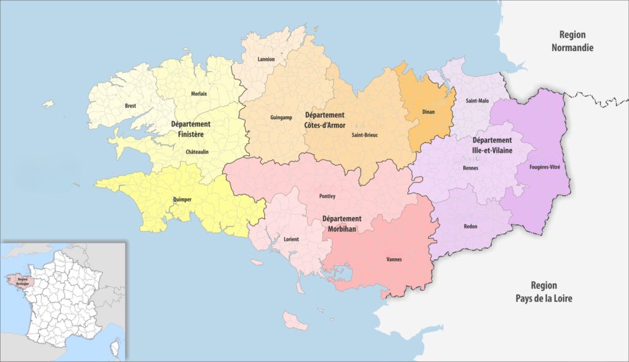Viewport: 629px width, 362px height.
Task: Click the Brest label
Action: coord(130,106)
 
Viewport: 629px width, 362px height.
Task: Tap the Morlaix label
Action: coord(198,93)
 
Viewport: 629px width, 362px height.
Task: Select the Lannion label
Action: coord(267,60)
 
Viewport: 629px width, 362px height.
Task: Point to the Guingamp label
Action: coord(281,117)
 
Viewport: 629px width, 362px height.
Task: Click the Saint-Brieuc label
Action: coord(364,135)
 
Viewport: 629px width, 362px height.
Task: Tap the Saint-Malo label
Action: coord(477,100)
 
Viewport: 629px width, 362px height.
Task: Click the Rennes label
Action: coord(471,168)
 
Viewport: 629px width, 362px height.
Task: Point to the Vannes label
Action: coord(394,259)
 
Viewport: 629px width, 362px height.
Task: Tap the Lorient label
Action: coord(291,238)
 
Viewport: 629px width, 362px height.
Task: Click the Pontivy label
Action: coord(327,197)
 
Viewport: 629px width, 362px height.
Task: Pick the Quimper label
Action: coord(182,199)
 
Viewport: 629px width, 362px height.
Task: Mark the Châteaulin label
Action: coord(198,151)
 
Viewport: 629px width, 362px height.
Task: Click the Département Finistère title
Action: coord(191,128)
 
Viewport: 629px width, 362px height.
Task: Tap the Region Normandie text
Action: coord(572,41)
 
